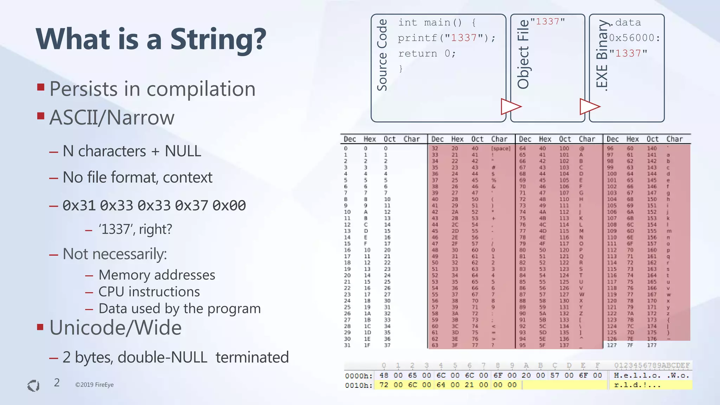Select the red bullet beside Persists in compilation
pos(41,87)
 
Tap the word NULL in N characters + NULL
pos(183,151)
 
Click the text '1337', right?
pos(135,229)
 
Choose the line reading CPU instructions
pos(149,292)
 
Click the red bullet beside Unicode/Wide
pos(40,327)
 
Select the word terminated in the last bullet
pos(252,357)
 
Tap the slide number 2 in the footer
pos(57,383)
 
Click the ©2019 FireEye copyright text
pos(94,385)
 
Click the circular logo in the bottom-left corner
pos(33,386)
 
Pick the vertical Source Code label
pos(382,55)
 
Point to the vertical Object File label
pos(523,54)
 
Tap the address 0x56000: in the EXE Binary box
pos(635,38)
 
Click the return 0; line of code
pos(427,53)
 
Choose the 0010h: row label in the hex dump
pos(358,385)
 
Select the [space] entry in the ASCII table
pos(501,149)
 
